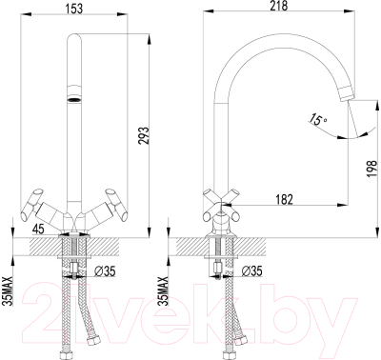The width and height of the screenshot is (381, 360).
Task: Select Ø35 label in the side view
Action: coord(253,270)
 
